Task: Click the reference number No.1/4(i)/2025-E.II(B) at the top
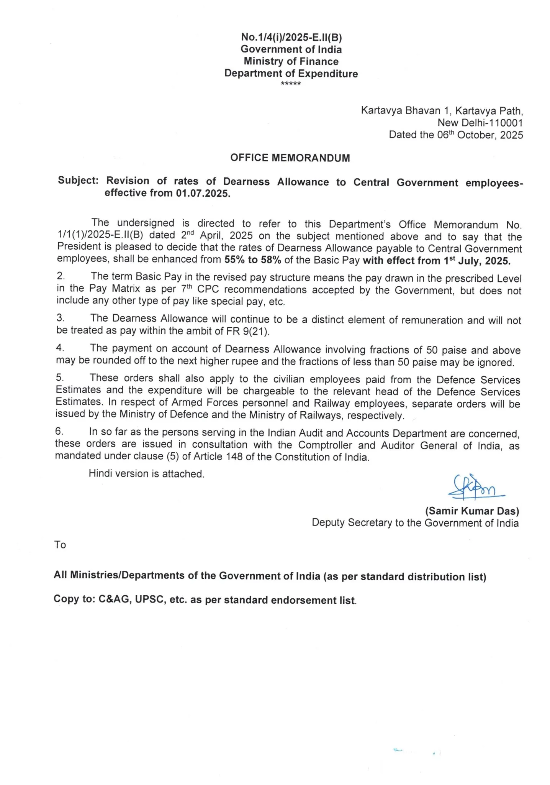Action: click(291, 37)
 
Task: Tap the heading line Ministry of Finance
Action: click(291, 61)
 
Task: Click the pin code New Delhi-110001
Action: click(480, 123)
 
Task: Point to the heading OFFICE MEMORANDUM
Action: click(290, 158)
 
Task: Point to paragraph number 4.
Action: click(60, 348)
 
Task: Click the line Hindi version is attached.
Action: click(146, 474)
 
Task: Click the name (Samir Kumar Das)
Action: click(472, 511)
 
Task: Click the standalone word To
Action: click(60, 545)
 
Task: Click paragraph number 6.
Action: click(59, 432)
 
